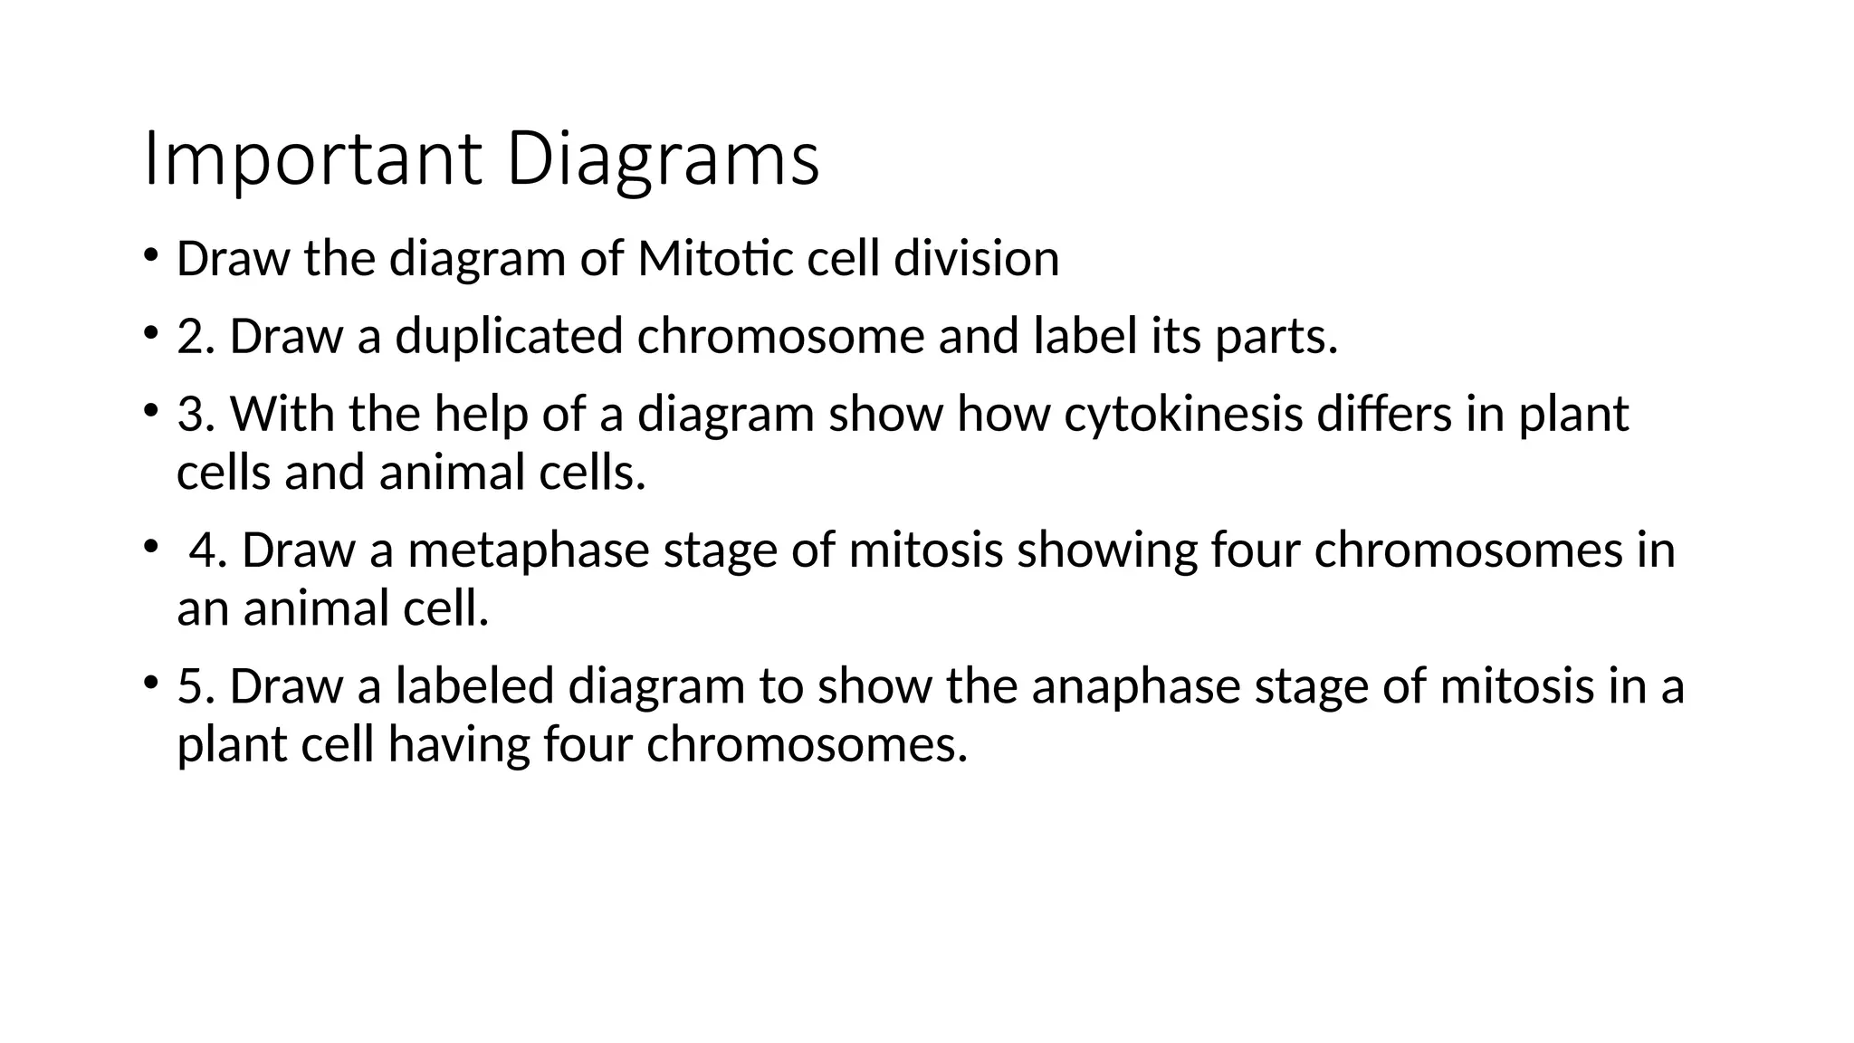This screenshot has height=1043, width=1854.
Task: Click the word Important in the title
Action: pyautogui.click(x=311, y=159)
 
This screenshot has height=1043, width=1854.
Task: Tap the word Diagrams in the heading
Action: pyautogui.click(x=663, y=159)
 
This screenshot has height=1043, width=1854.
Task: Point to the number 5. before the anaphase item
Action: pyautogui.click(x=196, y=685)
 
